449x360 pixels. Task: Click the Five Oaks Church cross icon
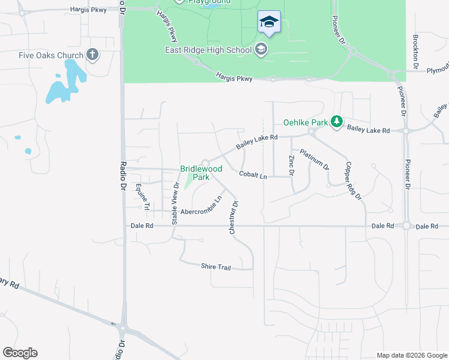[x=92, y=55]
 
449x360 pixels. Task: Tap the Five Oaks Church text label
[x=51, y=56]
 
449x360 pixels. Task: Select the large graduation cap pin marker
[x=269, y=23]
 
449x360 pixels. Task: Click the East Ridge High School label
[x=208, y=50]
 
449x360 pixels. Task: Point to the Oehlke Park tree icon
[x=337, y=122]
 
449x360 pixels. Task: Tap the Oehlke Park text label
[x=306, y=122]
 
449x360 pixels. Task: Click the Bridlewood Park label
[x=195, y=173]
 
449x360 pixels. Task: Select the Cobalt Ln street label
[x=252, y=175]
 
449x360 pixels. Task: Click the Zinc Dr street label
[x=291, y=166]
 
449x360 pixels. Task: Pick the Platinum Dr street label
[x=315, y=158]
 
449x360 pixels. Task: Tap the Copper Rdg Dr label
[x=354, y=180]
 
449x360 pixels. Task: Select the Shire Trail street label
[x=215, y=266]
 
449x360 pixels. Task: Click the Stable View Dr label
[x=175, y=204]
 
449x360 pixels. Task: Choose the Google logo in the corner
[x=20, y=353]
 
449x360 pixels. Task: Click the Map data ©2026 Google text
[x=411, y=355]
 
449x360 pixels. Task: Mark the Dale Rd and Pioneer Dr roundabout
[x=406, y=226]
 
